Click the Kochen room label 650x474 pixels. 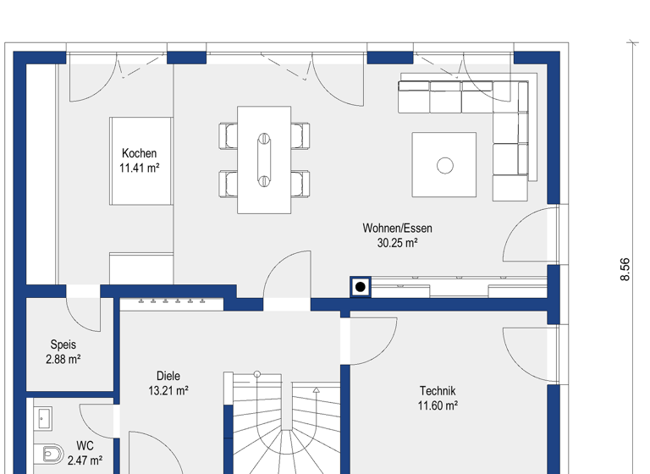point(139,153)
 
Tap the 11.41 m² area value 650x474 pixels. point(139,168)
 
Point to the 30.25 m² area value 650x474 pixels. point(397,243)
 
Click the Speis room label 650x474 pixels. point(63,344)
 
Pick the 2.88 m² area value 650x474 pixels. point(63,360)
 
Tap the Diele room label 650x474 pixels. point(168,376)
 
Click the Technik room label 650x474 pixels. point(438,390)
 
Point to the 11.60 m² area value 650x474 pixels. point(438,405)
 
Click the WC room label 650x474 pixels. point(85,445)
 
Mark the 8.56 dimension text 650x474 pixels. point(625,269)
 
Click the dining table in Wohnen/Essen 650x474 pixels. point(264,159)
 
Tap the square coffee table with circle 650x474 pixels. point(444,165)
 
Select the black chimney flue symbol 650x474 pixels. point(361,288)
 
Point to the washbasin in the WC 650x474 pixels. point(43,417)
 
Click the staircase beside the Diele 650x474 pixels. point(284,423)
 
